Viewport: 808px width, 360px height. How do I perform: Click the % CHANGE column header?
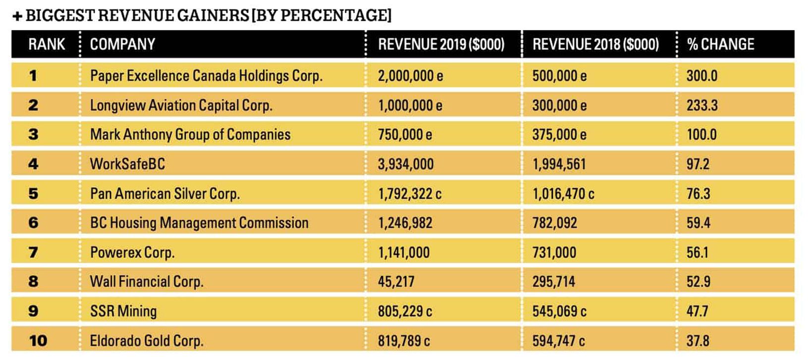(x=720, y=44)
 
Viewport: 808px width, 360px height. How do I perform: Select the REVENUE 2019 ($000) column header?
(x=441, y=44)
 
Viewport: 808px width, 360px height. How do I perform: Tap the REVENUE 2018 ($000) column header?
(x=595, y=44)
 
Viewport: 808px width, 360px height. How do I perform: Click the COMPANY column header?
(x=122, y=44)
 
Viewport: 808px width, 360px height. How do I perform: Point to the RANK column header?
(x=47, y=44)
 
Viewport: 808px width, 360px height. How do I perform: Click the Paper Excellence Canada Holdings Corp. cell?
(x=206, y=76)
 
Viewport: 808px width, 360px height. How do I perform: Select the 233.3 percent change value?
(x=701, y=105)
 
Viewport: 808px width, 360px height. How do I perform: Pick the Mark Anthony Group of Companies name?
(x=190, y=134)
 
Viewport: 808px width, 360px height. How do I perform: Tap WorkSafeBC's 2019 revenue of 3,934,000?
(x=406, y=164)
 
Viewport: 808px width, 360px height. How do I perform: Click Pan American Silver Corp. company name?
(x=165, y=193)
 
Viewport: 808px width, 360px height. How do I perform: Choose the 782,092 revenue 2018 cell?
(x=554, y=223)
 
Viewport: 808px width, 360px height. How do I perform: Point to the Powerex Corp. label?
(x=132, y=253)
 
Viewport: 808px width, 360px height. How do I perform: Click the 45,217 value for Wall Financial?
(x=396, y=282)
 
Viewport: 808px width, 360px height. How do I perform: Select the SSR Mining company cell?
(x=123, y=311)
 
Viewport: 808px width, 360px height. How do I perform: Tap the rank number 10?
(x=38, y=341)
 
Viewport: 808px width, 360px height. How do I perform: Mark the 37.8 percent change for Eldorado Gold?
(x=698, y=341)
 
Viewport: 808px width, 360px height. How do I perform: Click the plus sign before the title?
(x=17, y=16)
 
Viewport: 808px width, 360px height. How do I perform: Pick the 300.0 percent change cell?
(x=701, y=76)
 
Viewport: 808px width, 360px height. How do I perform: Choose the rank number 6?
(x=33, y=223)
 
